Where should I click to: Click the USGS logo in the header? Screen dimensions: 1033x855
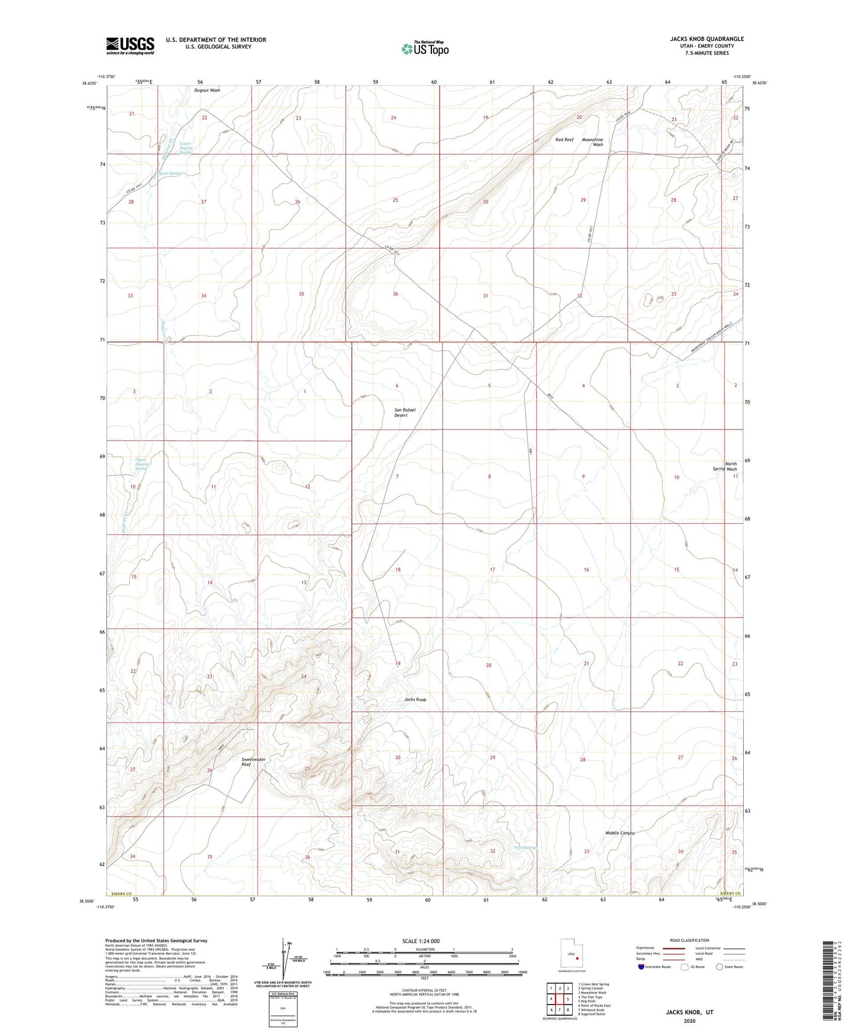(x=130, y=46)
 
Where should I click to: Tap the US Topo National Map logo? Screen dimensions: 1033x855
(x=425, y=49)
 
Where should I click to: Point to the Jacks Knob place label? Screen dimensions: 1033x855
(x=415, y=699)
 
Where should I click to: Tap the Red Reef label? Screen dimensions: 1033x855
(x=564, y=140)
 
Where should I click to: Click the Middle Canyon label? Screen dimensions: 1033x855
(x=620, y=833)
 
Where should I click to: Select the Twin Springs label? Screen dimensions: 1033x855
(x=525, y=848)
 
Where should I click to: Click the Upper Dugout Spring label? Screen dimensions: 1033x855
(x=140, y=464)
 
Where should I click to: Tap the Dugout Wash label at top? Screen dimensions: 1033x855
(x=207, y=91)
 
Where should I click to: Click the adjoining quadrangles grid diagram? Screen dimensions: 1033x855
(x=559, y=999)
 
